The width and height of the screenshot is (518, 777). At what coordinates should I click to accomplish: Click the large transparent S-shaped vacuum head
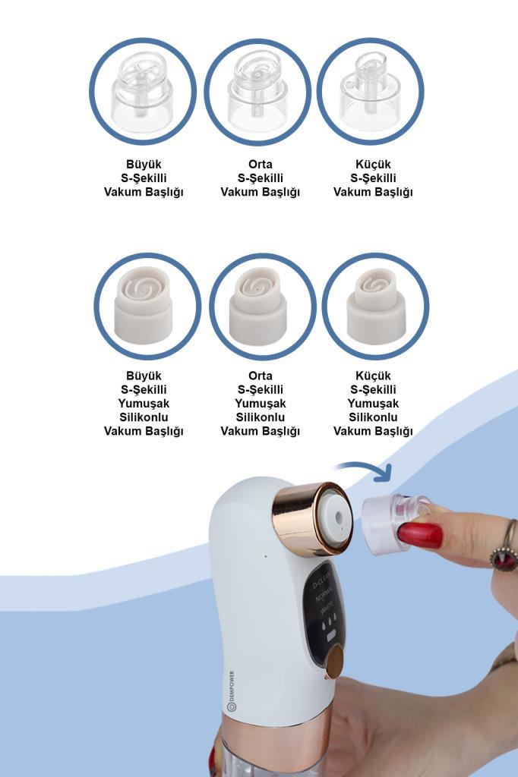[142, 92]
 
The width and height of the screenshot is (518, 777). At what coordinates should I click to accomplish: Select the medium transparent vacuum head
[257, 92]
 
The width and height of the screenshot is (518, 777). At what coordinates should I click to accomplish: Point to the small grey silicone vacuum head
[376, 307]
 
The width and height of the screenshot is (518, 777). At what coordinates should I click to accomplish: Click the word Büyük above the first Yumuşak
[144, 376]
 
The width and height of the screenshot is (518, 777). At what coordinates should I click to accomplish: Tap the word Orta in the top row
[261, 164]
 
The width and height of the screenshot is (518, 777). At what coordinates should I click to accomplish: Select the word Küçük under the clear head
[373, 165]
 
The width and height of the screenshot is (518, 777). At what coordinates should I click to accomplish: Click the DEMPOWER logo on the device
[232, 691]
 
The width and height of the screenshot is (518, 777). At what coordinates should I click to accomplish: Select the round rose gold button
[335, 662]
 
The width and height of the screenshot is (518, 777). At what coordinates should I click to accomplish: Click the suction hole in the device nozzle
[339, 517]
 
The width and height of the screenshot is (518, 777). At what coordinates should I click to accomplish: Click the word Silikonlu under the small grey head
[373, 417]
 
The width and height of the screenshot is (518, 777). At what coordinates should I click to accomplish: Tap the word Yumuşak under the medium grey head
[261, 404]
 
